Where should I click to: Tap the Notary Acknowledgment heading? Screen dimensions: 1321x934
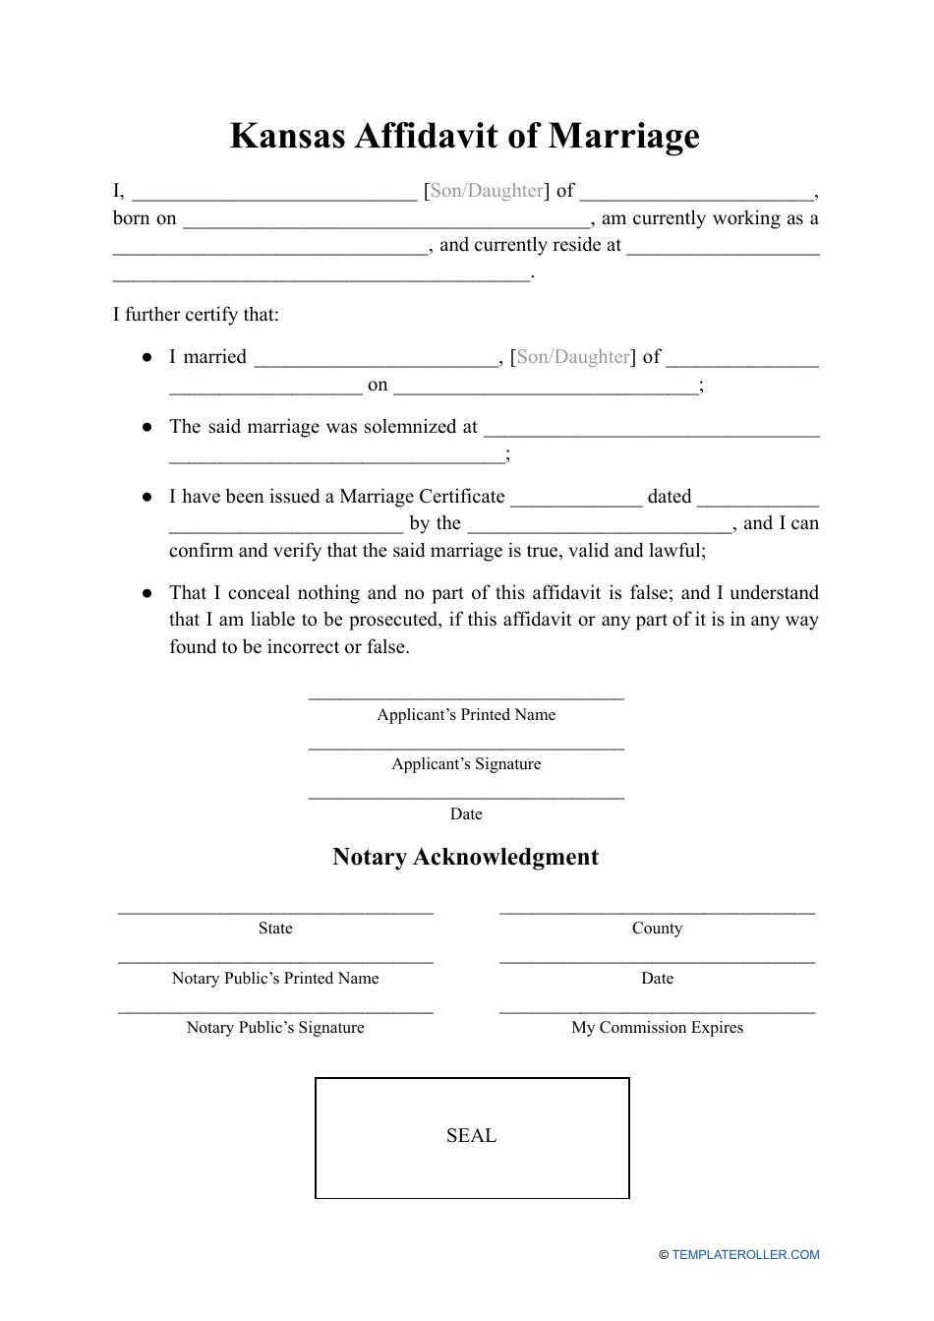pos(465,857)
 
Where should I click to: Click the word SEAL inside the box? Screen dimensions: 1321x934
pos(471,1136)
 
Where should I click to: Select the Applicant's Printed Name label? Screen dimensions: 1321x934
pos(466,715)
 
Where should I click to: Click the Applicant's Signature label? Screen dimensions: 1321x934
pos(466,764)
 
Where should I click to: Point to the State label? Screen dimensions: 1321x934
pos(275,929)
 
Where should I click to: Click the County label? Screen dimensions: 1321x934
pos(657,929)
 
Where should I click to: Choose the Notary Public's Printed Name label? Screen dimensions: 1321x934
pos(275,979)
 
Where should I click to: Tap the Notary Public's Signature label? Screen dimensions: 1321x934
pos(275,1028)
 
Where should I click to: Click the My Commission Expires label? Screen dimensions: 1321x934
pos(657,1028)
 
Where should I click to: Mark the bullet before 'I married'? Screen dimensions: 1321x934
pos(146,357)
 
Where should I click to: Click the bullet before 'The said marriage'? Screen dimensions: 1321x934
pos(146,427)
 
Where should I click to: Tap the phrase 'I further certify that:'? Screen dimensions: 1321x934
pos(196,315)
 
